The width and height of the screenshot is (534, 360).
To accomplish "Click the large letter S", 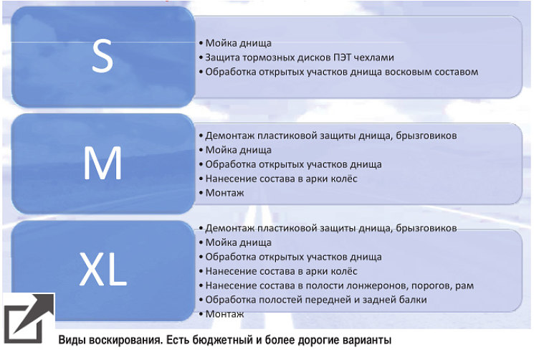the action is [x=102, y=55].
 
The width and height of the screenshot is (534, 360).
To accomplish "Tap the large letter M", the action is [x=102, y=163].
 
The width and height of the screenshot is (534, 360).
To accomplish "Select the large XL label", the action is [x=102, y=270].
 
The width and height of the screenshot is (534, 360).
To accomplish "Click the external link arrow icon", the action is [x=29, y=318].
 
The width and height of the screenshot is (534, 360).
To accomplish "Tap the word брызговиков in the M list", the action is [x=426, y=136].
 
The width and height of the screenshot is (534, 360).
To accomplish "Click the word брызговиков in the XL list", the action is [x=426, y=228].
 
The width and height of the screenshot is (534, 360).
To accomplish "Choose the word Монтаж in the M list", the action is [x=225, y=193].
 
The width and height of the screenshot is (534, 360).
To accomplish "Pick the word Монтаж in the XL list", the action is [x=225, y=313].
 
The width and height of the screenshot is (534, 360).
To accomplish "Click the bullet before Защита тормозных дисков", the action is [x=201, y=57].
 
